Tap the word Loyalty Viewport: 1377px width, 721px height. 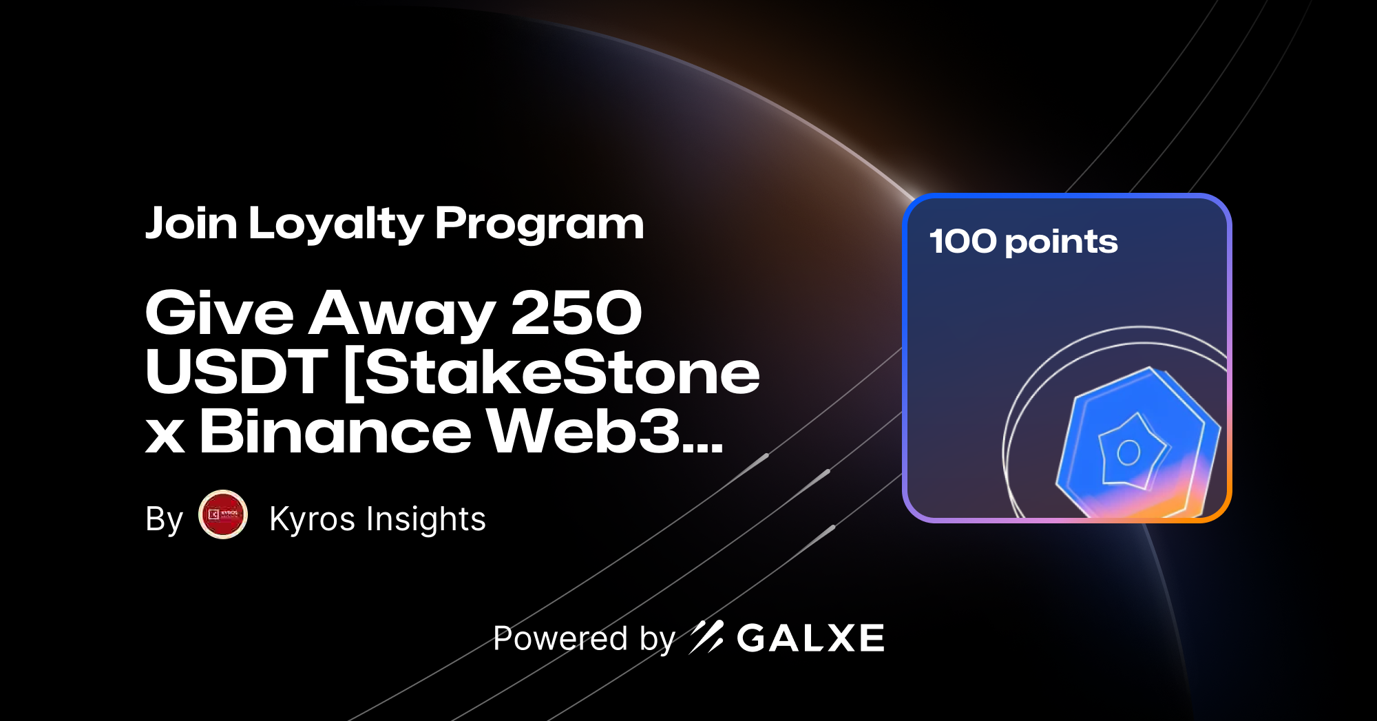(x=336, y=225)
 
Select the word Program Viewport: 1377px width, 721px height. (x=539, y=225)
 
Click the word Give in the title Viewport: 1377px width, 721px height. (x=220, y=313)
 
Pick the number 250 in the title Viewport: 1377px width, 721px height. (x=576, y=313)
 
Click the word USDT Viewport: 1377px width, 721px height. (x=236, y=372)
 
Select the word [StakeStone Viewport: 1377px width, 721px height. (x=551, y=372)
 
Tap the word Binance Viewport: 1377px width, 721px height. (x=335, y=432)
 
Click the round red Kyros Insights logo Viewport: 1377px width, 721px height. (x=223, y=514)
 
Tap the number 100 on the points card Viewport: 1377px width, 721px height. (x=963, y=242)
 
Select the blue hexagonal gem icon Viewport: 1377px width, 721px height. (x=1136, y=444)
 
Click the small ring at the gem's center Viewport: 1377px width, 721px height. (x=1128, y=452)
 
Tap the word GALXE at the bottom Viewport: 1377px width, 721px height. (x=810, y=638)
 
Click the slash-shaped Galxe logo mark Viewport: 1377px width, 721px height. (x=706, y=637)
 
